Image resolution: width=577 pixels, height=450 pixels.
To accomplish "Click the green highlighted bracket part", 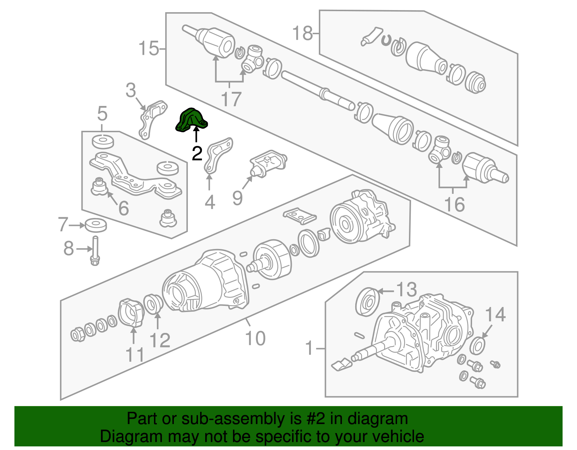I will point(191,120).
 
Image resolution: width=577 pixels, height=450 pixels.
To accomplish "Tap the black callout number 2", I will point(197,154).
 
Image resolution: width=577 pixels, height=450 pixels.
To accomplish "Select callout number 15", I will point(148,48).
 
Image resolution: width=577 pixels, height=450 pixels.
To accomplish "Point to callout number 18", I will point(302,33).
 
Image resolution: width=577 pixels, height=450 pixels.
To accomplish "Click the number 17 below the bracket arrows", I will point(231,99).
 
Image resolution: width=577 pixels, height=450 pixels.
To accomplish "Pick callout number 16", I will point(454,205).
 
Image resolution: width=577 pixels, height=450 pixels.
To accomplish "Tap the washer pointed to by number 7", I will point(96,225).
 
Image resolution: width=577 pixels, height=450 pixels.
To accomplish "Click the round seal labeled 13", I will point(367,301).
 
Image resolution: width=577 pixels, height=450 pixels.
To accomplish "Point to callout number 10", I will point(255,338).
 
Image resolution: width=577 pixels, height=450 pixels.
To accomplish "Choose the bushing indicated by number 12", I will point(153,304).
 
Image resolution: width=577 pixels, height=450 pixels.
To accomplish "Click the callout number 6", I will point(124,208).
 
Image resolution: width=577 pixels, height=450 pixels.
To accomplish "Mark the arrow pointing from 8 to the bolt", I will point(84,249).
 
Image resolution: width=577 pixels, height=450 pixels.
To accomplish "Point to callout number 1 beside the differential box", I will point(309,348).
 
